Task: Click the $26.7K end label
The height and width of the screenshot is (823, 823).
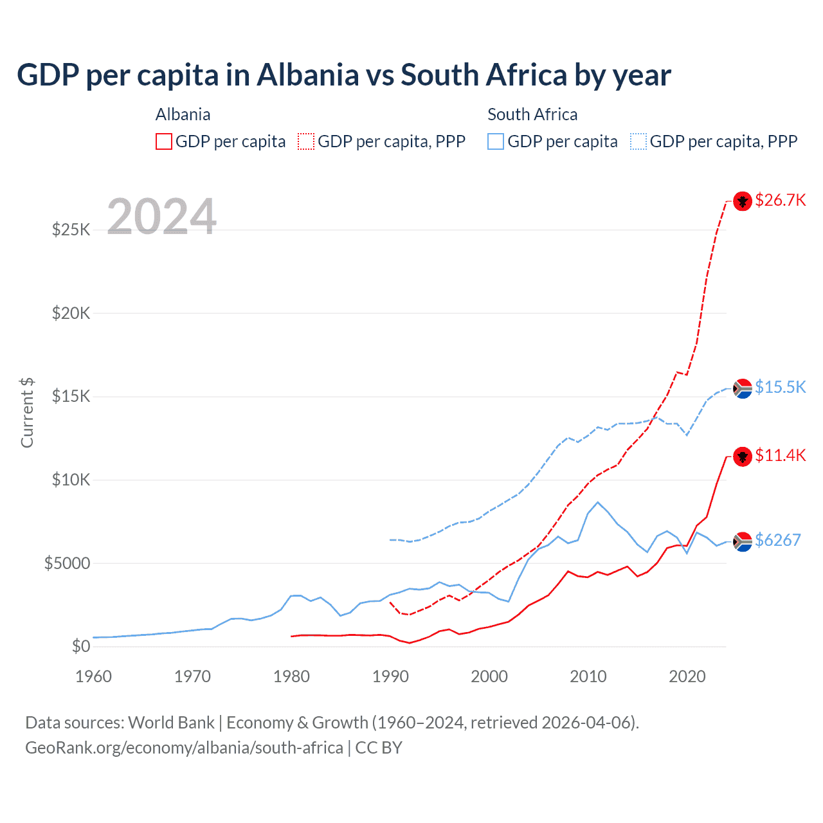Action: [x=780, y=200]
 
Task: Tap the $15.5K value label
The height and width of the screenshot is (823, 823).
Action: [x=780, y=387]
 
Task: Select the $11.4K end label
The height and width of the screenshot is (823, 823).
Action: [x=780, y=455]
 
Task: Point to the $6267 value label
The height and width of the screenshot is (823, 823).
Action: [x=777, y=540]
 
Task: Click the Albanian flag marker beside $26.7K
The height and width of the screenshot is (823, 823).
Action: [x=743, y=201]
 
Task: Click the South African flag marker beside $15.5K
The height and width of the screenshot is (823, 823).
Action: [x=743, y=388]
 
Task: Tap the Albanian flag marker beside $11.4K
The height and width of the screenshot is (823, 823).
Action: [x=743, y=457]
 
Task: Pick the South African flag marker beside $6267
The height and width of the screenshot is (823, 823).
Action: [x=743, y=542]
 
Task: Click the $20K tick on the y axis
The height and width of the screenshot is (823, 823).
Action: [x=71, y=313]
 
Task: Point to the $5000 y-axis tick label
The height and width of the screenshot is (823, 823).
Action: [x=67, y=563]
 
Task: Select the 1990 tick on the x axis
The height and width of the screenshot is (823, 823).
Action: [x=390, y=676]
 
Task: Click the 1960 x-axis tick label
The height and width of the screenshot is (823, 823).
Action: [x=93, y=676]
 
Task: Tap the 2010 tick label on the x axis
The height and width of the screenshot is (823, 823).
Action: [x=588, y=676]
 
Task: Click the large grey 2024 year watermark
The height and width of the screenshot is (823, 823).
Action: [x=161, y=217]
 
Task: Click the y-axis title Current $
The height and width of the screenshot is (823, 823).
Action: [x=27, y=413]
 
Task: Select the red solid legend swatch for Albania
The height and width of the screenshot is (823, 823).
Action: [x=164, y=141]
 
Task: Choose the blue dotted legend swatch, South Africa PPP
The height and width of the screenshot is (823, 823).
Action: [x=638, y=141]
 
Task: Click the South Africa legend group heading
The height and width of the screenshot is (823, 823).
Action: [x=532, y=114]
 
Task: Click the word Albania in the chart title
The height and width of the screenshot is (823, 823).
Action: [x=308, y=75]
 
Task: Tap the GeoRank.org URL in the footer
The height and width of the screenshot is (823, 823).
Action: [x=184, y=748]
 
